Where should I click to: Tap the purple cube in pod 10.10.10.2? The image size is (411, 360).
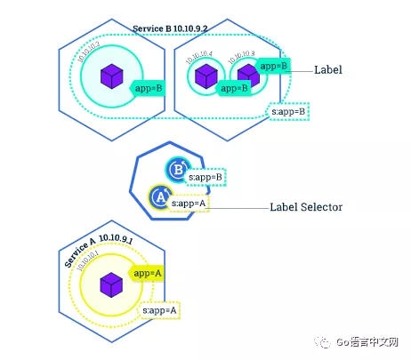pos(111,76)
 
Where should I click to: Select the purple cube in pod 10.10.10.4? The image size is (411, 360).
pos(206,78)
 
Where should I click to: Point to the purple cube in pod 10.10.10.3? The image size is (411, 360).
pos(247,77)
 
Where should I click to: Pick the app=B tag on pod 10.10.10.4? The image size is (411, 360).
pos(233,88)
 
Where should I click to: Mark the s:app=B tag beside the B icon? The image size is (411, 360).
pos(205,178)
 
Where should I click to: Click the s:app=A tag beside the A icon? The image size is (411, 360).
pos(190,204)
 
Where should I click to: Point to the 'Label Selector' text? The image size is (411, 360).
pos(305,206)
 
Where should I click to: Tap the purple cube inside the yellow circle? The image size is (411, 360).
pos(111,284)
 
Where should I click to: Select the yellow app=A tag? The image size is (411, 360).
pos(147,275)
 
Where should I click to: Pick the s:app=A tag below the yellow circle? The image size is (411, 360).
pos(162,310)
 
